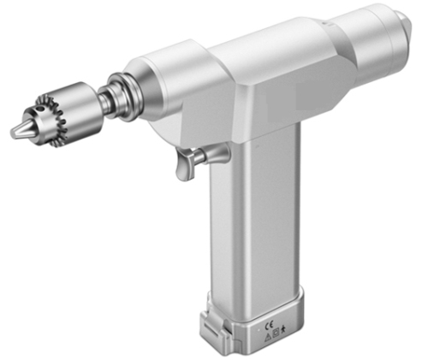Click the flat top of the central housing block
tap(257, 51)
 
